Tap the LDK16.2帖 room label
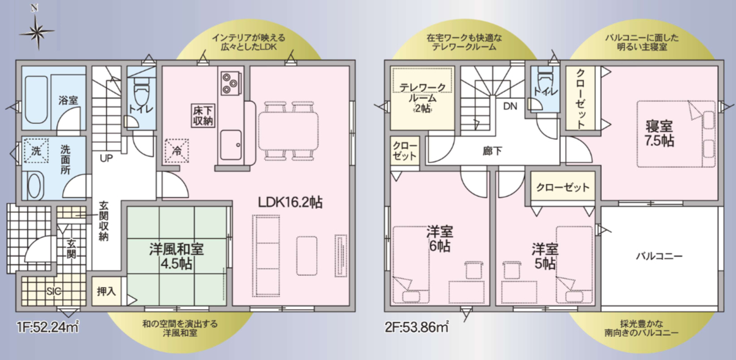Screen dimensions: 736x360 coord(290,203)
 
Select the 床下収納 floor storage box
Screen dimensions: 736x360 coord(203,115)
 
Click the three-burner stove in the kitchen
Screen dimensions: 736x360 coord(230,84)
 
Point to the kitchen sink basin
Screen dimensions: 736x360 coord(231,145)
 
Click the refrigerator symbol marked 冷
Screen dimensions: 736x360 coord(177,151)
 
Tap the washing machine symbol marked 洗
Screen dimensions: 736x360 coord(36,151)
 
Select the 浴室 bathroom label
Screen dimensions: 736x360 coord(68,100)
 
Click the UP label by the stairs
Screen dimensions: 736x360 coord(106,158)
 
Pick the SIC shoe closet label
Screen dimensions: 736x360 coord(54,291)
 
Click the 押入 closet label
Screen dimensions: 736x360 coord(106,291)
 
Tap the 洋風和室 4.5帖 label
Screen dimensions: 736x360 coord(176,256)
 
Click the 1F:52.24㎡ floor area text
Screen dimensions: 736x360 coord(48,327)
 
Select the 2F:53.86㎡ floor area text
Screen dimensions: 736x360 coord(417,327)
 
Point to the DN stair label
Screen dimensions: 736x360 coord(510,106)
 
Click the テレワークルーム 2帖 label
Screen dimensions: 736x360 coord(422,98)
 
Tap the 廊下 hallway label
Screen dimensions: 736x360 coord(492,151)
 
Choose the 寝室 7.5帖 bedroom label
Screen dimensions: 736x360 coord(659,134)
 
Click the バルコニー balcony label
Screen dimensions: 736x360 coord(659,256)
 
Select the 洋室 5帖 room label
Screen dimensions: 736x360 coord(545,256)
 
